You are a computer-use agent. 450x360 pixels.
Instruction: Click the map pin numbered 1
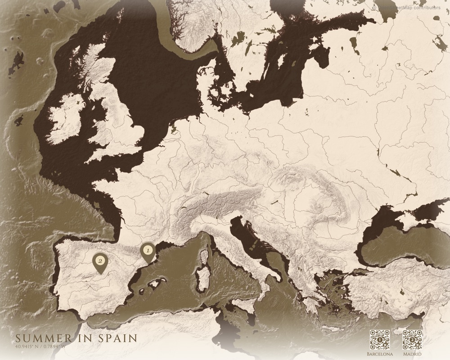coord(146,252)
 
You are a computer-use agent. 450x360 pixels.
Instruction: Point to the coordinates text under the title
coord(40,346)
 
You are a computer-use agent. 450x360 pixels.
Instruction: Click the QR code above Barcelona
coord(379,340)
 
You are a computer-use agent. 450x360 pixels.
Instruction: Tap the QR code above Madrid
coord(412,340)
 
